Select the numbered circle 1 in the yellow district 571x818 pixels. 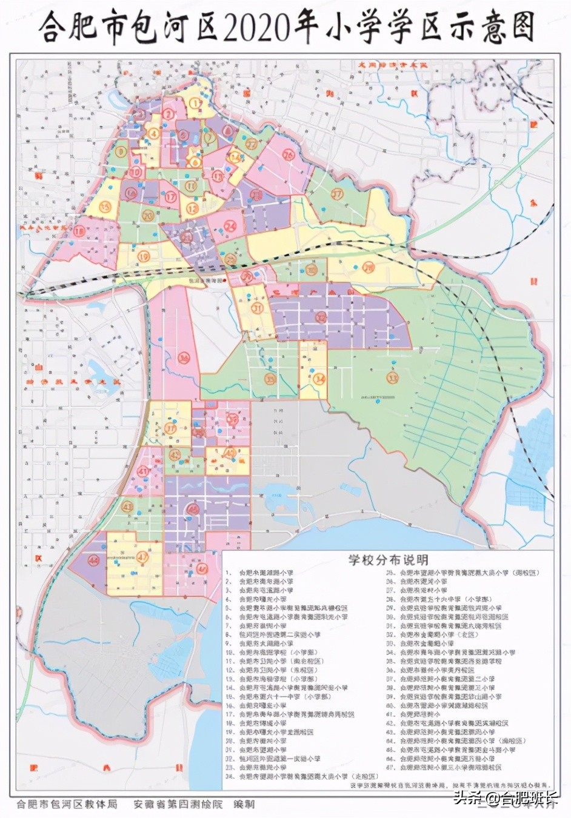pos(195,104)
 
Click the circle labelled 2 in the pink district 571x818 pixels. pos(168,114)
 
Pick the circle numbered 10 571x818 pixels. pos(135,172)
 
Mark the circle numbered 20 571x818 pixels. pos(147,214)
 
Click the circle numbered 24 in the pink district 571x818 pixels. pos(231,226)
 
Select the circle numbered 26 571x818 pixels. pos(288,156)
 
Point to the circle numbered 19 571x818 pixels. pos(144,256)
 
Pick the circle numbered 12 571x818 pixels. pos(193,208)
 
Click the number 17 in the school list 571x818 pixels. pos(230,714)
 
